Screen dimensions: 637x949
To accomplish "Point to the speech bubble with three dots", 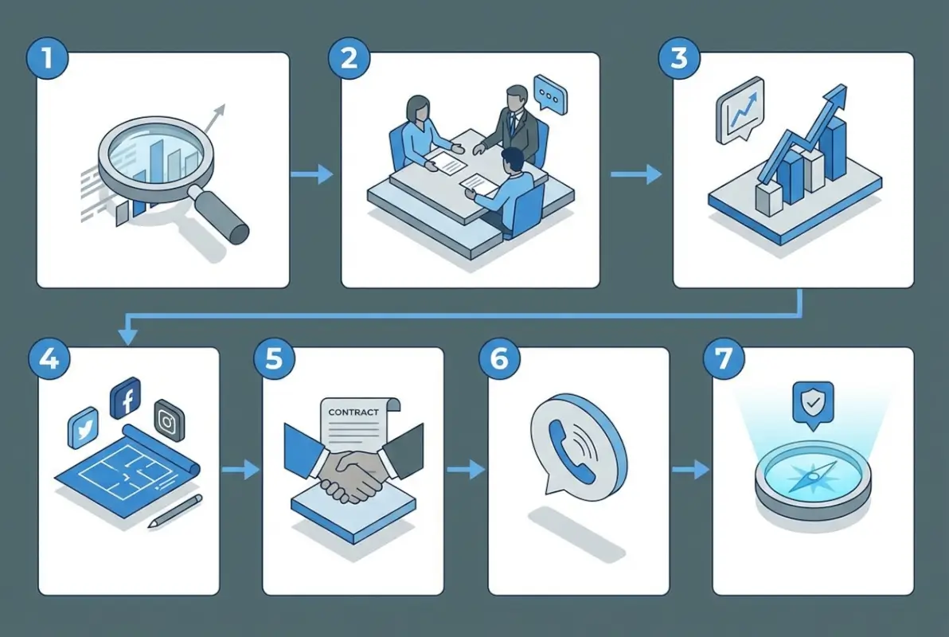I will coord(547,94).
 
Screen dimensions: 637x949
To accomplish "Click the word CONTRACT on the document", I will coord(353,412).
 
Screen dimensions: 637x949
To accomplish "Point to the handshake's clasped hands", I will coord(350,475).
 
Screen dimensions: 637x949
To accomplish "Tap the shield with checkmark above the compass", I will coord(813,402).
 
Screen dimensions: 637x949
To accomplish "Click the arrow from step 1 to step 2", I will coord(313,174).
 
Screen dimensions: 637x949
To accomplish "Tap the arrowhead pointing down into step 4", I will coord(127,337).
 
